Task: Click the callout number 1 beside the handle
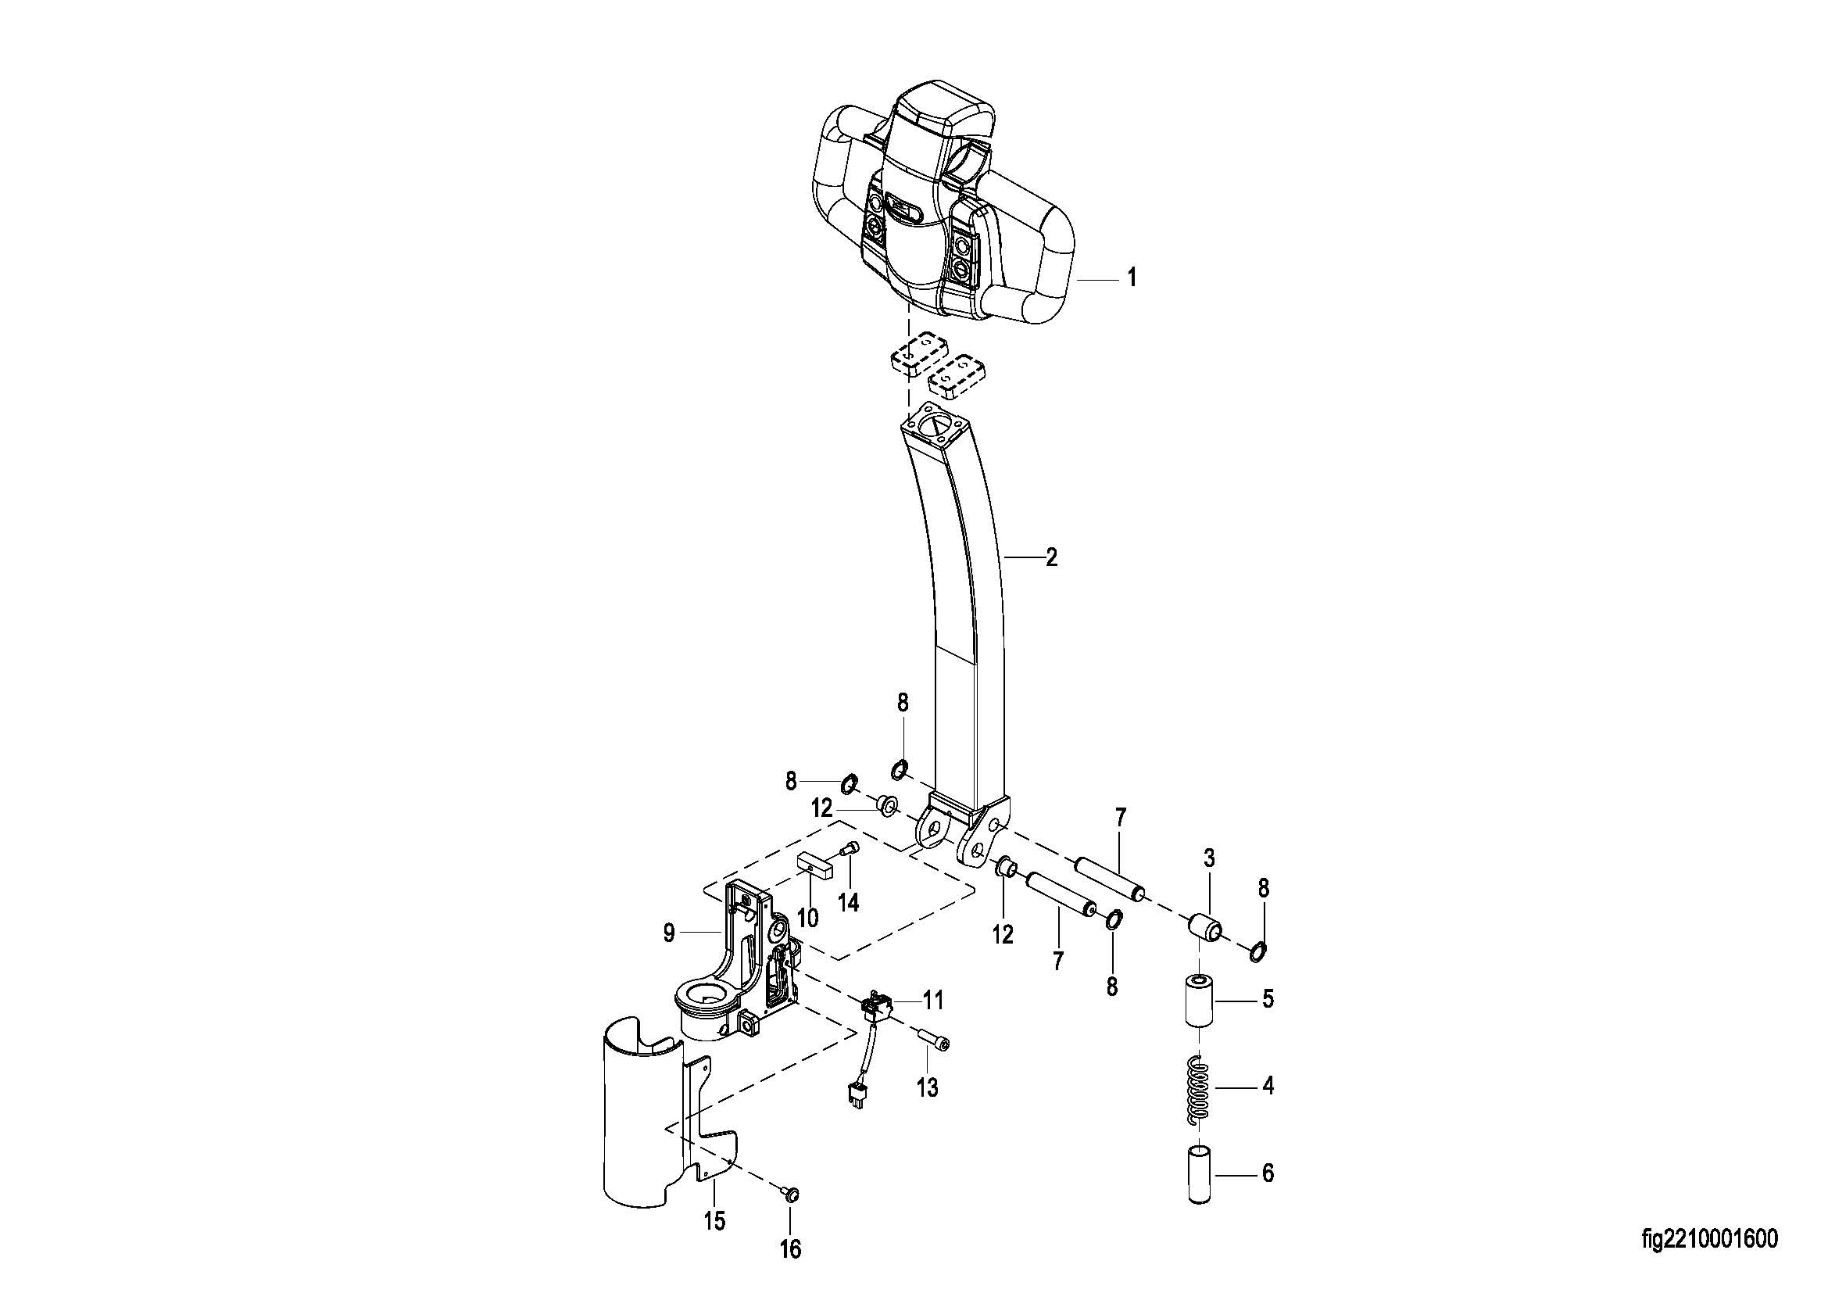pyautogui.click(x=1131, y=278)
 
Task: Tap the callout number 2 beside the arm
pyautogui.click(x=1051, y=558)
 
